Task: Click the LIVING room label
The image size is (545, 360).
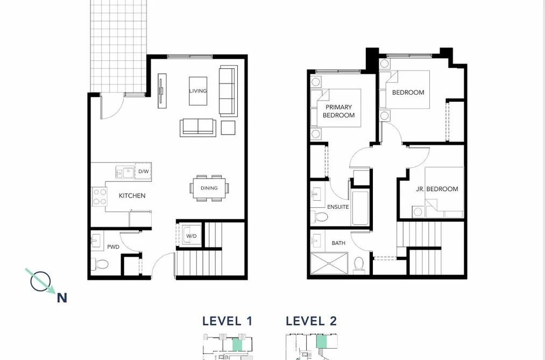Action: (198, 91)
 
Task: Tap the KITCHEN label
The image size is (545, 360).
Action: (132, 196)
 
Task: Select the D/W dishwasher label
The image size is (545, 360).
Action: (144, 171)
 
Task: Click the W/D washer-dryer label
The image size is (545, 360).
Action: (191, 236)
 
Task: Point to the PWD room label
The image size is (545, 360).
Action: (114, 247)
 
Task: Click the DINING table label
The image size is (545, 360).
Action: (209, 188)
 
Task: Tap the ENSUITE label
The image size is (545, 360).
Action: (338, 207)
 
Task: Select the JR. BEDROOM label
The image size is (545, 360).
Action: (437, 189)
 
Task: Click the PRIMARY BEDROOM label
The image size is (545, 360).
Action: (339, 111)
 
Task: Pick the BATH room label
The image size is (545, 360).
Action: (338, 243)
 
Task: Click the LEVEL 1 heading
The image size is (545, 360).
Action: (228, 321)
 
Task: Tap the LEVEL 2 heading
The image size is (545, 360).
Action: (312, 321)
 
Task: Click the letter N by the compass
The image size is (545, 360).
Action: (62, 298)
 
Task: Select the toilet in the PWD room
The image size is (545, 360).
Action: (100, 264)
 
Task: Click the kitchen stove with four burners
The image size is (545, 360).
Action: (100, 196)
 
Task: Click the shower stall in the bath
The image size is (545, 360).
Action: (329, 264)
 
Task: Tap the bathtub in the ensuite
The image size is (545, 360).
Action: (360, 208)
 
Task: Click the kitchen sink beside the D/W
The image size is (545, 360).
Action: (125, 172)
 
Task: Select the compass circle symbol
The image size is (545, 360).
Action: (40, 281)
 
